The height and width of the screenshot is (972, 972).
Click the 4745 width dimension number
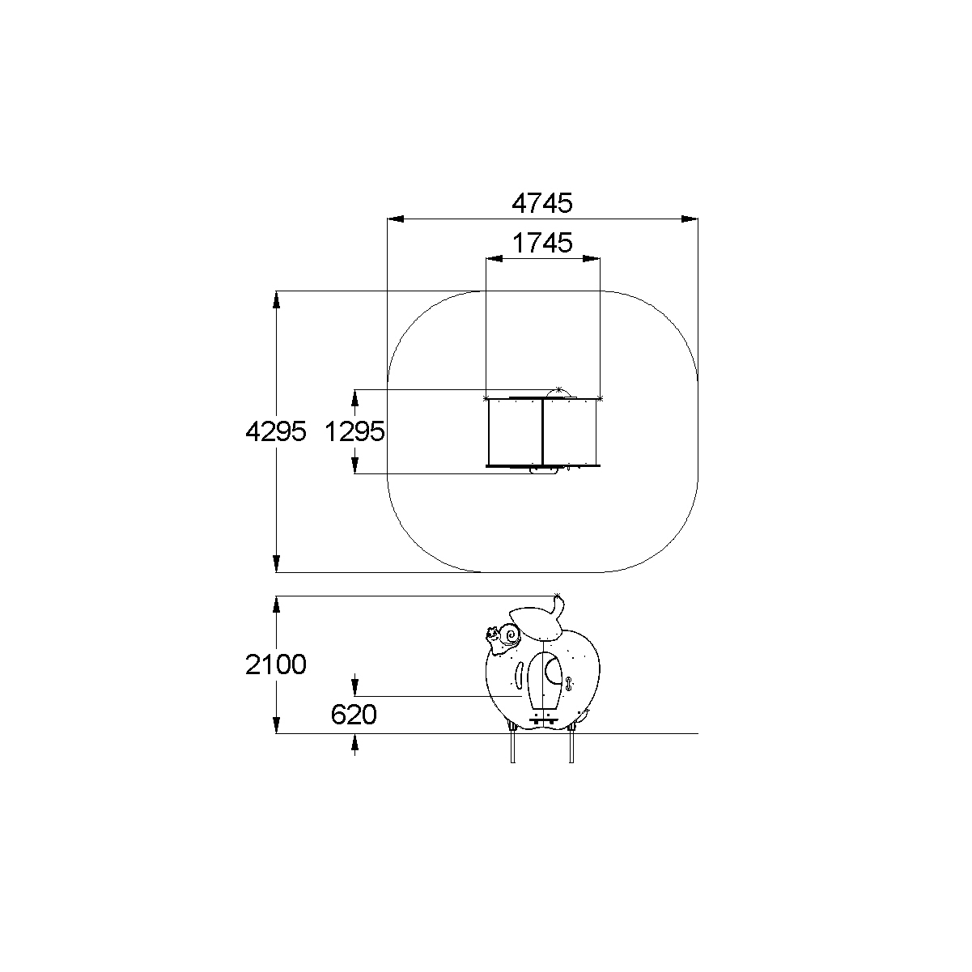(542, 203)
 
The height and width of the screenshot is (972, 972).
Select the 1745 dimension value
(542, 243)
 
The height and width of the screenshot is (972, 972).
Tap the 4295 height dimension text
(276, 431)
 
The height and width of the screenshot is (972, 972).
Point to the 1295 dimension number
(354, 431)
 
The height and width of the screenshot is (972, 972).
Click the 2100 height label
(276, 664)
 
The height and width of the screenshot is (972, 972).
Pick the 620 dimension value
(354, 715)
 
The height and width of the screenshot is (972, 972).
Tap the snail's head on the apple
(492, 635)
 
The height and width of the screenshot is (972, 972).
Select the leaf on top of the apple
(537, 624)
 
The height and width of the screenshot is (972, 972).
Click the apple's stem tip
(558, 596)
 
